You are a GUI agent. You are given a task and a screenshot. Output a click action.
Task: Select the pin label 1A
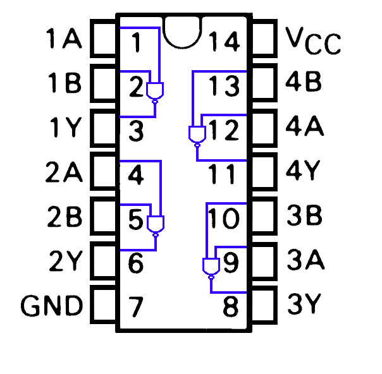[64, 39]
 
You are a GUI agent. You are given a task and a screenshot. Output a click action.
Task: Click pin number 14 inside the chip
[225, 42]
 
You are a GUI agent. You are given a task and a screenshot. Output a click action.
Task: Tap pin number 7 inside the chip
[135, 308]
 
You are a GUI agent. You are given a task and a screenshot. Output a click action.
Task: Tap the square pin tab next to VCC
[264, 39]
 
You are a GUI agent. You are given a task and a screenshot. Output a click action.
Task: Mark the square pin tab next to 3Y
[264, 306]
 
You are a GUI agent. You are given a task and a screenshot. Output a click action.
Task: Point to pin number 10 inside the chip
[224, 219]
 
